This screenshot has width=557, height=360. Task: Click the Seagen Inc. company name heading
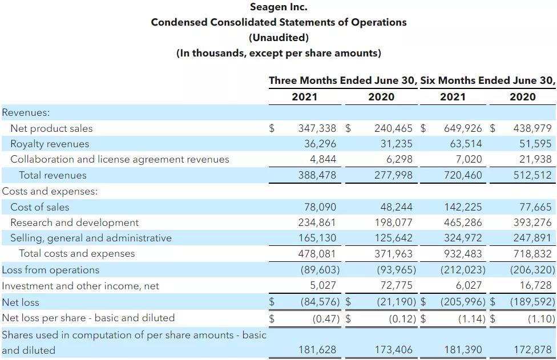click(278, 7)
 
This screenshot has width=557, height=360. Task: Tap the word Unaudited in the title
click(278, 38)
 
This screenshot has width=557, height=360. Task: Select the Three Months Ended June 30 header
click(342, 80)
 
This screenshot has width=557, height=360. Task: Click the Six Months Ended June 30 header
click(487, 80)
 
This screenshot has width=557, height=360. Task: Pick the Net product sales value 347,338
click(317, 128)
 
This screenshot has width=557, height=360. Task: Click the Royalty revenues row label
click(50, 144)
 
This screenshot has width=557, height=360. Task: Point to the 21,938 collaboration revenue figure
click(532, 159)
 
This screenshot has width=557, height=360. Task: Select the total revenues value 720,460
click(463, 175)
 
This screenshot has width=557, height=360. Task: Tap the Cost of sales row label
click(39, 207)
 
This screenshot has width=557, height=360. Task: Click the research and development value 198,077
click(393, 223)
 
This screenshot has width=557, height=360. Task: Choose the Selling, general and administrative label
click(91, 238)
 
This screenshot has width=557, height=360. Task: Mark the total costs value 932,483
click(463, 253)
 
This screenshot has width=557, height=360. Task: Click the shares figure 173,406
click(393, 350)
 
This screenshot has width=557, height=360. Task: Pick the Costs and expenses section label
click(50, 191)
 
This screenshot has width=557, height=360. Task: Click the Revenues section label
click(26, 112)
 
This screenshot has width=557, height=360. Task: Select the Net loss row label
click(21, 302)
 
